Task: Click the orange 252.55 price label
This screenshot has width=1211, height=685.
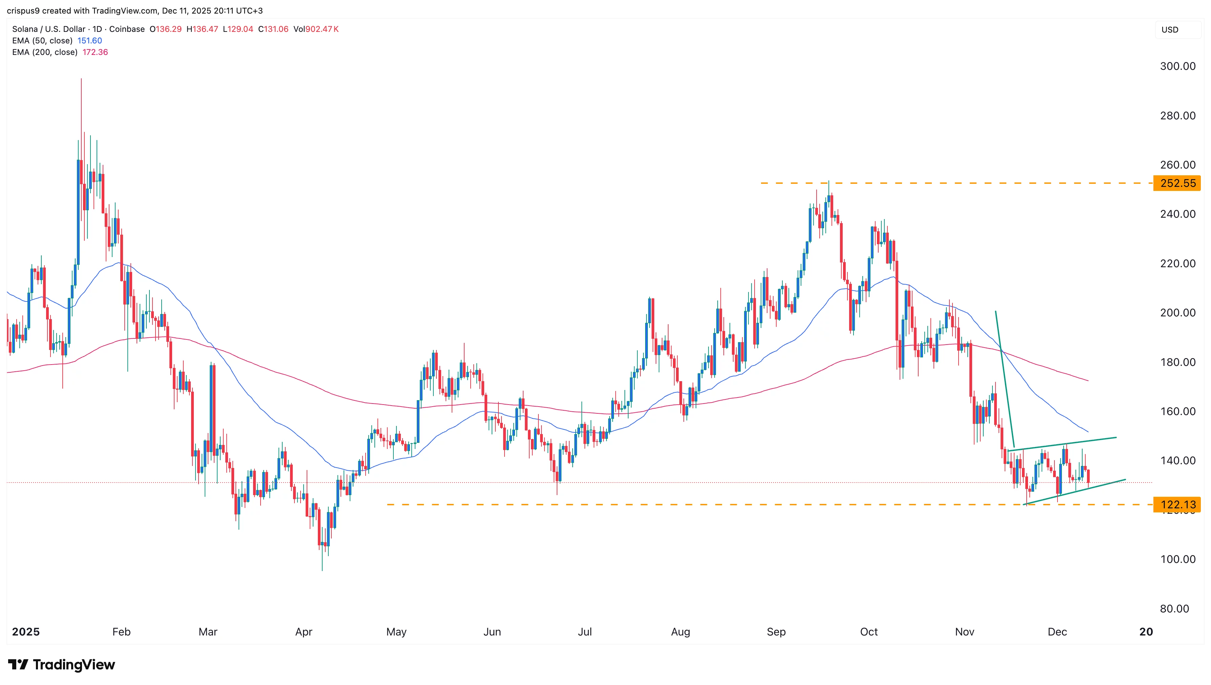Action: click(1177, 183)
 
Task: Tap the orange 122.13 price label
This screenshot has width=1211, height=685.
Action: click(1177, 505)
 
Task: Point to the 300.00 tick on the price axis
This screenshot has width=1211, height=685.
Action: click(1177, 66)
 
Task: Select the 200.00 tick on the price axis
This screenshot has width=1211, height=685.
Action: click(1177, 313)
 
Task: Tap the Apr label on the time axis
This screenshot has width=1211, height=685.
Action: click(304, 632)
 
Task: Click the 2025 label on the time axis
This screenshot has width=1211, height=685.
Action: click(26, 632)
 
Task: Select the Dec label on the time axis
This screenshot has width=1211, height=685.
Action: click(1057, 632)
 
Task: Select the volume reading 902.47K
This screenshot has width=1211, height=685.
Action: click(322, 29)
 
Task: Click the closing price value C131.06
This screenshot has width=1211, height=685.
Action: click(273, 29)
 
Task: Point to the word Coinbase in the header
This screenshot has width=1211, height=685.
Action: click(127, 29)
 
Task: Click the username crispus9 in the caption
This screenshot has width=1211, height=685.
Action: click(23, 11)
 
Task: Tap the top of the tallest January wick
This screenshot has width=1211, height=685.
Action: click(81, 79)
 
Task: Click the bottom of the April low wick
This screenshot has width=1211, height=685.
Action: click(322, 570)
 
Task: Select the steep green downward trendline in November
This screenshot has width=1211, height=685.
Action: click(1005, 379)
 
